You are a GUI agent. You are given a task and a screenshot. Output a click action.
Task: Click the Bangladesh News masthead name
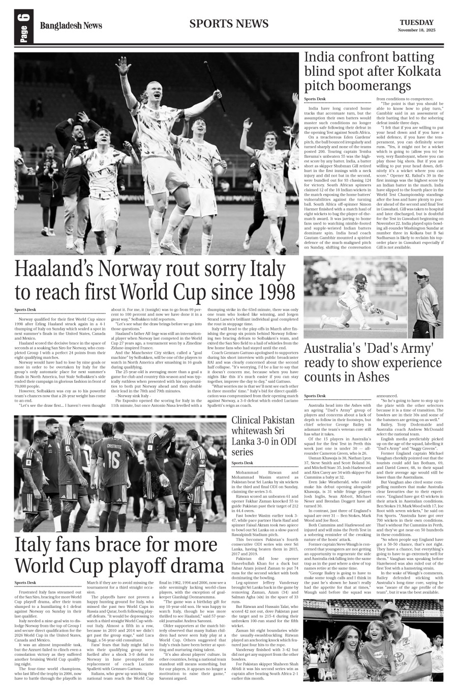coord(71,26)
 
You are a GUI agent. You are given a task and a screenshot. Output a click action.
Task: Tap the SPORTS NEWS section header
coord(228,23)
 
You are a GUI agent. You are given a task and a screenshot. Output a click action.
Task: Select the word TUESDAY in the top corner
coord(416,22)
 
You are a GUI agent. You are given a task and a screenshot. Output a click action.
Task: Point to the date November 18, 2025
coord(416,31)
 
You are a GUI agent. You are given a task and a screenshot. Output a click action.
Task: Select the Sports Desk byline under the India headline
coord(315,99)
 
